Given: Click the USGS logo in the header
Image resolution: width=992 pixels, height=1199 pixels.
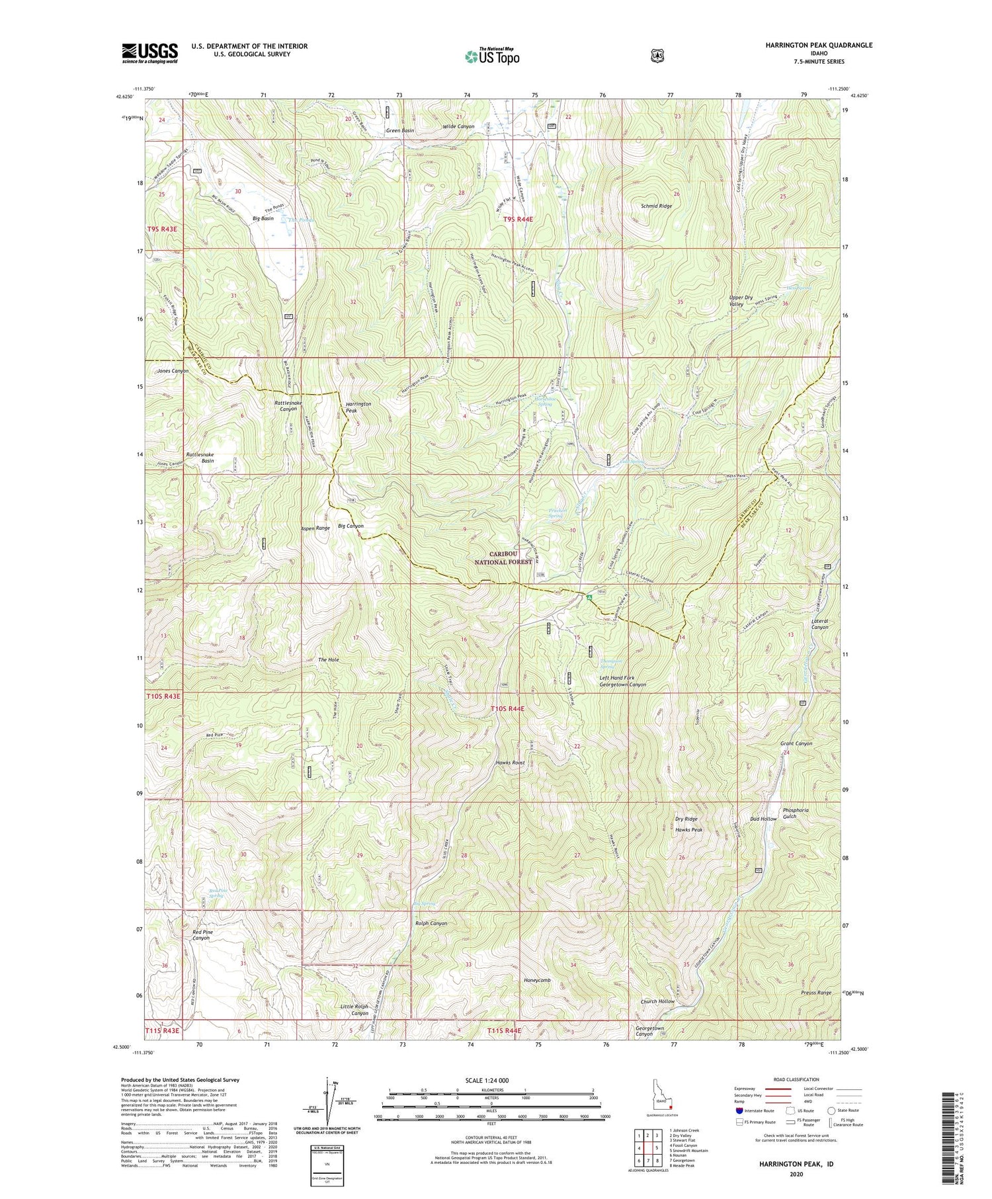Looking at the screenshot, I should [149, 53].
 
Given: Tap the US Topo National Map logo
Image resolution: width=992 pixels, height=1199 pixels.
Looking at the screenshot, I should [492, 56].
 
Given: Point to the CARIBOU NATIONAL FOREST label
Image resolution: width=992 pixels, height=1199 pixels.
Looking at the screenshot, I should [503, 558].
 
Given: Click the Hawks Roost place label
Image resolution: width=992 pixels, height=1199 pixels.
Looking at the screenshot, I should [510, 763].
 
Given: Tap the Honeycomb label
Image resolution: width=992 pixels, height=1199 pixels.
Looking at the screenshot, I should [536, 980].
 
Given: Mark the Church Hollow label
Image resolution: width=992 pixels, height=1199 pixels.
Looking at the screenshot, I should [657, 1001].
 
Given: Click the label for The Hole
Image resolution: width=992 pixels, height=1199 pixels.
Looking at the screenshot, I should [328, 660].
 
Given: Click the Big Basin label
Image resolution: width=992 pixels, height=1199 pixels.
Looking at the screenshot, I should [263, 218].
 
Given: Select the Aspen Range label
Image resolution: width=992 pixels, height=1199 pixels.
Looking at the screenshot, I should [315, 528].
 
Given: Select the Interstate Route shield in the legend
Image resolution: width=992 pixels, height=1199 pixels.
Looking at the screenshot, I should [739, 1110].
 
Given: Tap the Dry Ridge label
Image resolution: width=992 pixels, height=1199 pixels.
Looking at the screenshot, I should [686, 819].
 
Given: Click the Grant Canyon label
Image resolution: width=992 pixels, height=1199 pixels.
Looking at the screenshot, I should [796, 743].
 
